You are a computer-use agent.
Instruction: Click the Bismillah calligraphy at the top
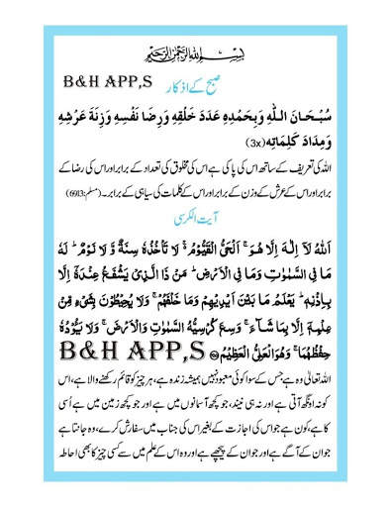pyautogui.click(x=195, y=51)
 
